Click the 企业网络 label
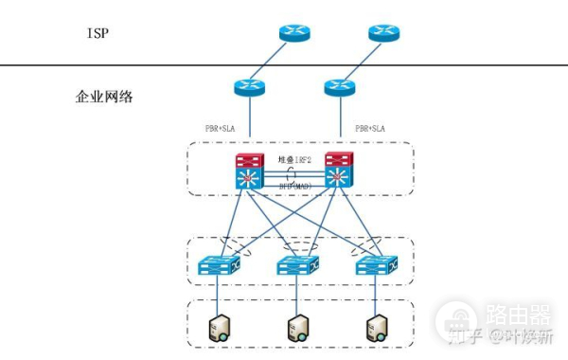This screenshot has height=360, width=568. click(x=103, y=98)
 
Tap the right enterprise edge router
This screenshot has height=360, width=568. click(x=340, y=88)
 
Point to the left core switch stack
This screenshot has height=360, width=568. click(x=251, y=171)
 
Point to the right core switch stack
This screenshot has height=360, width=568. click(x=339, y=171)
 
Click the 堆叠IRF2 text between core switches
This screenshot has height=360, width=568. click(x=294, y=160)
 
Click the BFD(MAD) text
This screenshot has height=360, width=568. click(x=294, y=187)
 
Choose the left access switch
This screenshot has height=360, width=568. click(x=219, y=266)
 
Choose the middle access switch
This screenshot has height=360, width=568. click(x=297, y=266)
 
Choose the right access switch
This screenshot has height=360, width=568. click(x=375, y=266)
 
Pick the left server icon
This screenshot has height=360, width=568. click(x=219, y=328)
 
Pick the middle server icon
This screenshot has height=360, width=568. click(x=297, y=328)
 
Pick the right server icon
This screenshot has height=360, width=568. click(x=375, y=328)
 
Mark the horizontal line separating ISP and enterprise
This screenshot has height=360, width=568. click(x=142, y=64)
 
